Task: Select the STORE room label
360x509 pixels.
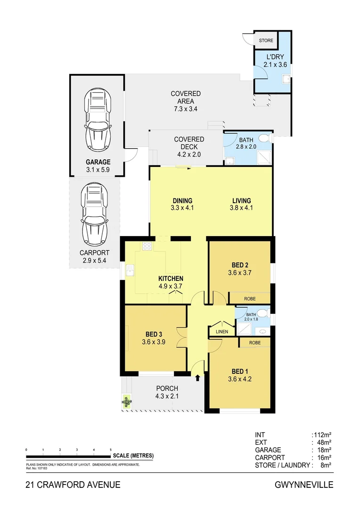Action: [x=266, y=41]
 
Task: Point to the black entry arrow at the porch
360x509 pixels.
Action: [x=197, y=377]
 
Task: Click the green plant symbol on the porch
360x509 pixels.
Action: [x=126, y=402]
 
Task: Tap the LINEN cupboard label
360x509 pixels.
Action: [x=221, y=332]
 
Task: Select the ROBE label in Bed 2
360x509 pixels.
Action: [x=250, y=299]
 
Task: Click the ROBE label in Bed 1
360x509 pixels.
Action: [x=255, y=343]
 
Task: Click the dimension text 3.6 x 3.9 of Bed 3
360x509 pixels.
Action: [x=155, y=343]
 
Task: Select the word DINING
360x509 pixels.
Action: [x=182, y=200]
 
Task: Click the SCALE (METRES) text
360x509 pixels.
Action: [x=133, y=456]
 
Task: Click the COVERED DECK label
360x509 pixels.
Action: [x=189, y=143]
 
